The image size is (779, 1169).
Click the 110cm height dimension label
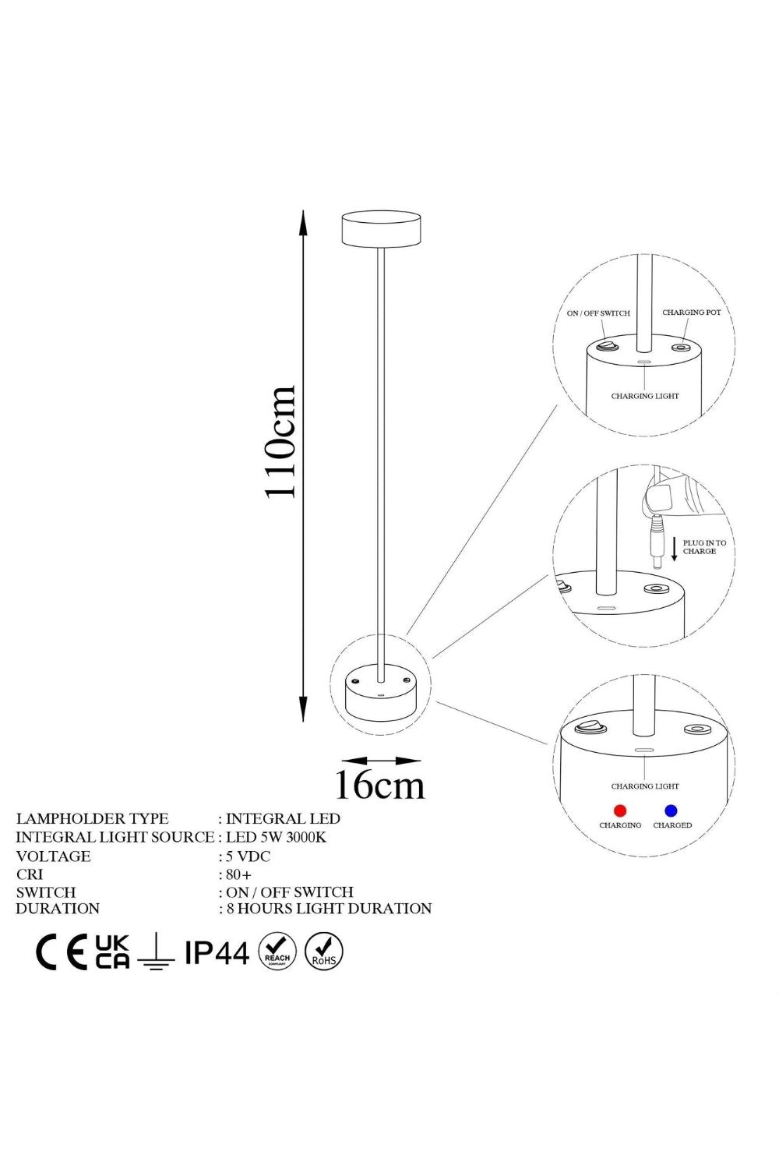point(280,442)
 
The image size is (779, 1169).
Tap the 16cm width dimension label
point(380,785)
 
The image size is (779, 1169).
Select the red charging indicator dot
point(620,811)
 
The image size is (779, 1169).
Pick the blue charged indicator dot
point(671,811)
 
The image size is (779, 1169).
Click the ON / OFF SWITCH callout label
point(598,313)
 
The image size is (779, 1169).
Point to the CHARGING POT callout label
point(691,312)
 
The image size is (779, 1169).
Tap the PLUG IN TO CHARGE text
point(704,547)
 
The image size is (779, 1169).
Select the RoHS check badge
point(323,952)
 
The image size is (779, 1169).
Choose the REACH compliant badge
point(277,952)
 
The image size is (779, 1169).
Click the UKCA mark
point(112,952)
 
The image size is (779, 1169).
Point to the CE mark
point(62,952)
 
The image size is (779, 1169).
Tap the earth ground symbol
point(156,954)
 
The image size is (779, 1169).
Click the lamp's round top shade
point(381,228)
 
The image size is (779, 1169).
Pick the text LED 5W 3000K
point(276,838)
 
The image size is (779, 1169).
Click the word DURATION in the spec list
point(58,909)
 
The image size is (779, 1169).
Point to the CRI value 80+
point(238,874)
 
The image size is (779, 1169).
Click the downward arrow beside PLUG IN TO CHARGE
point(674,549)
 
